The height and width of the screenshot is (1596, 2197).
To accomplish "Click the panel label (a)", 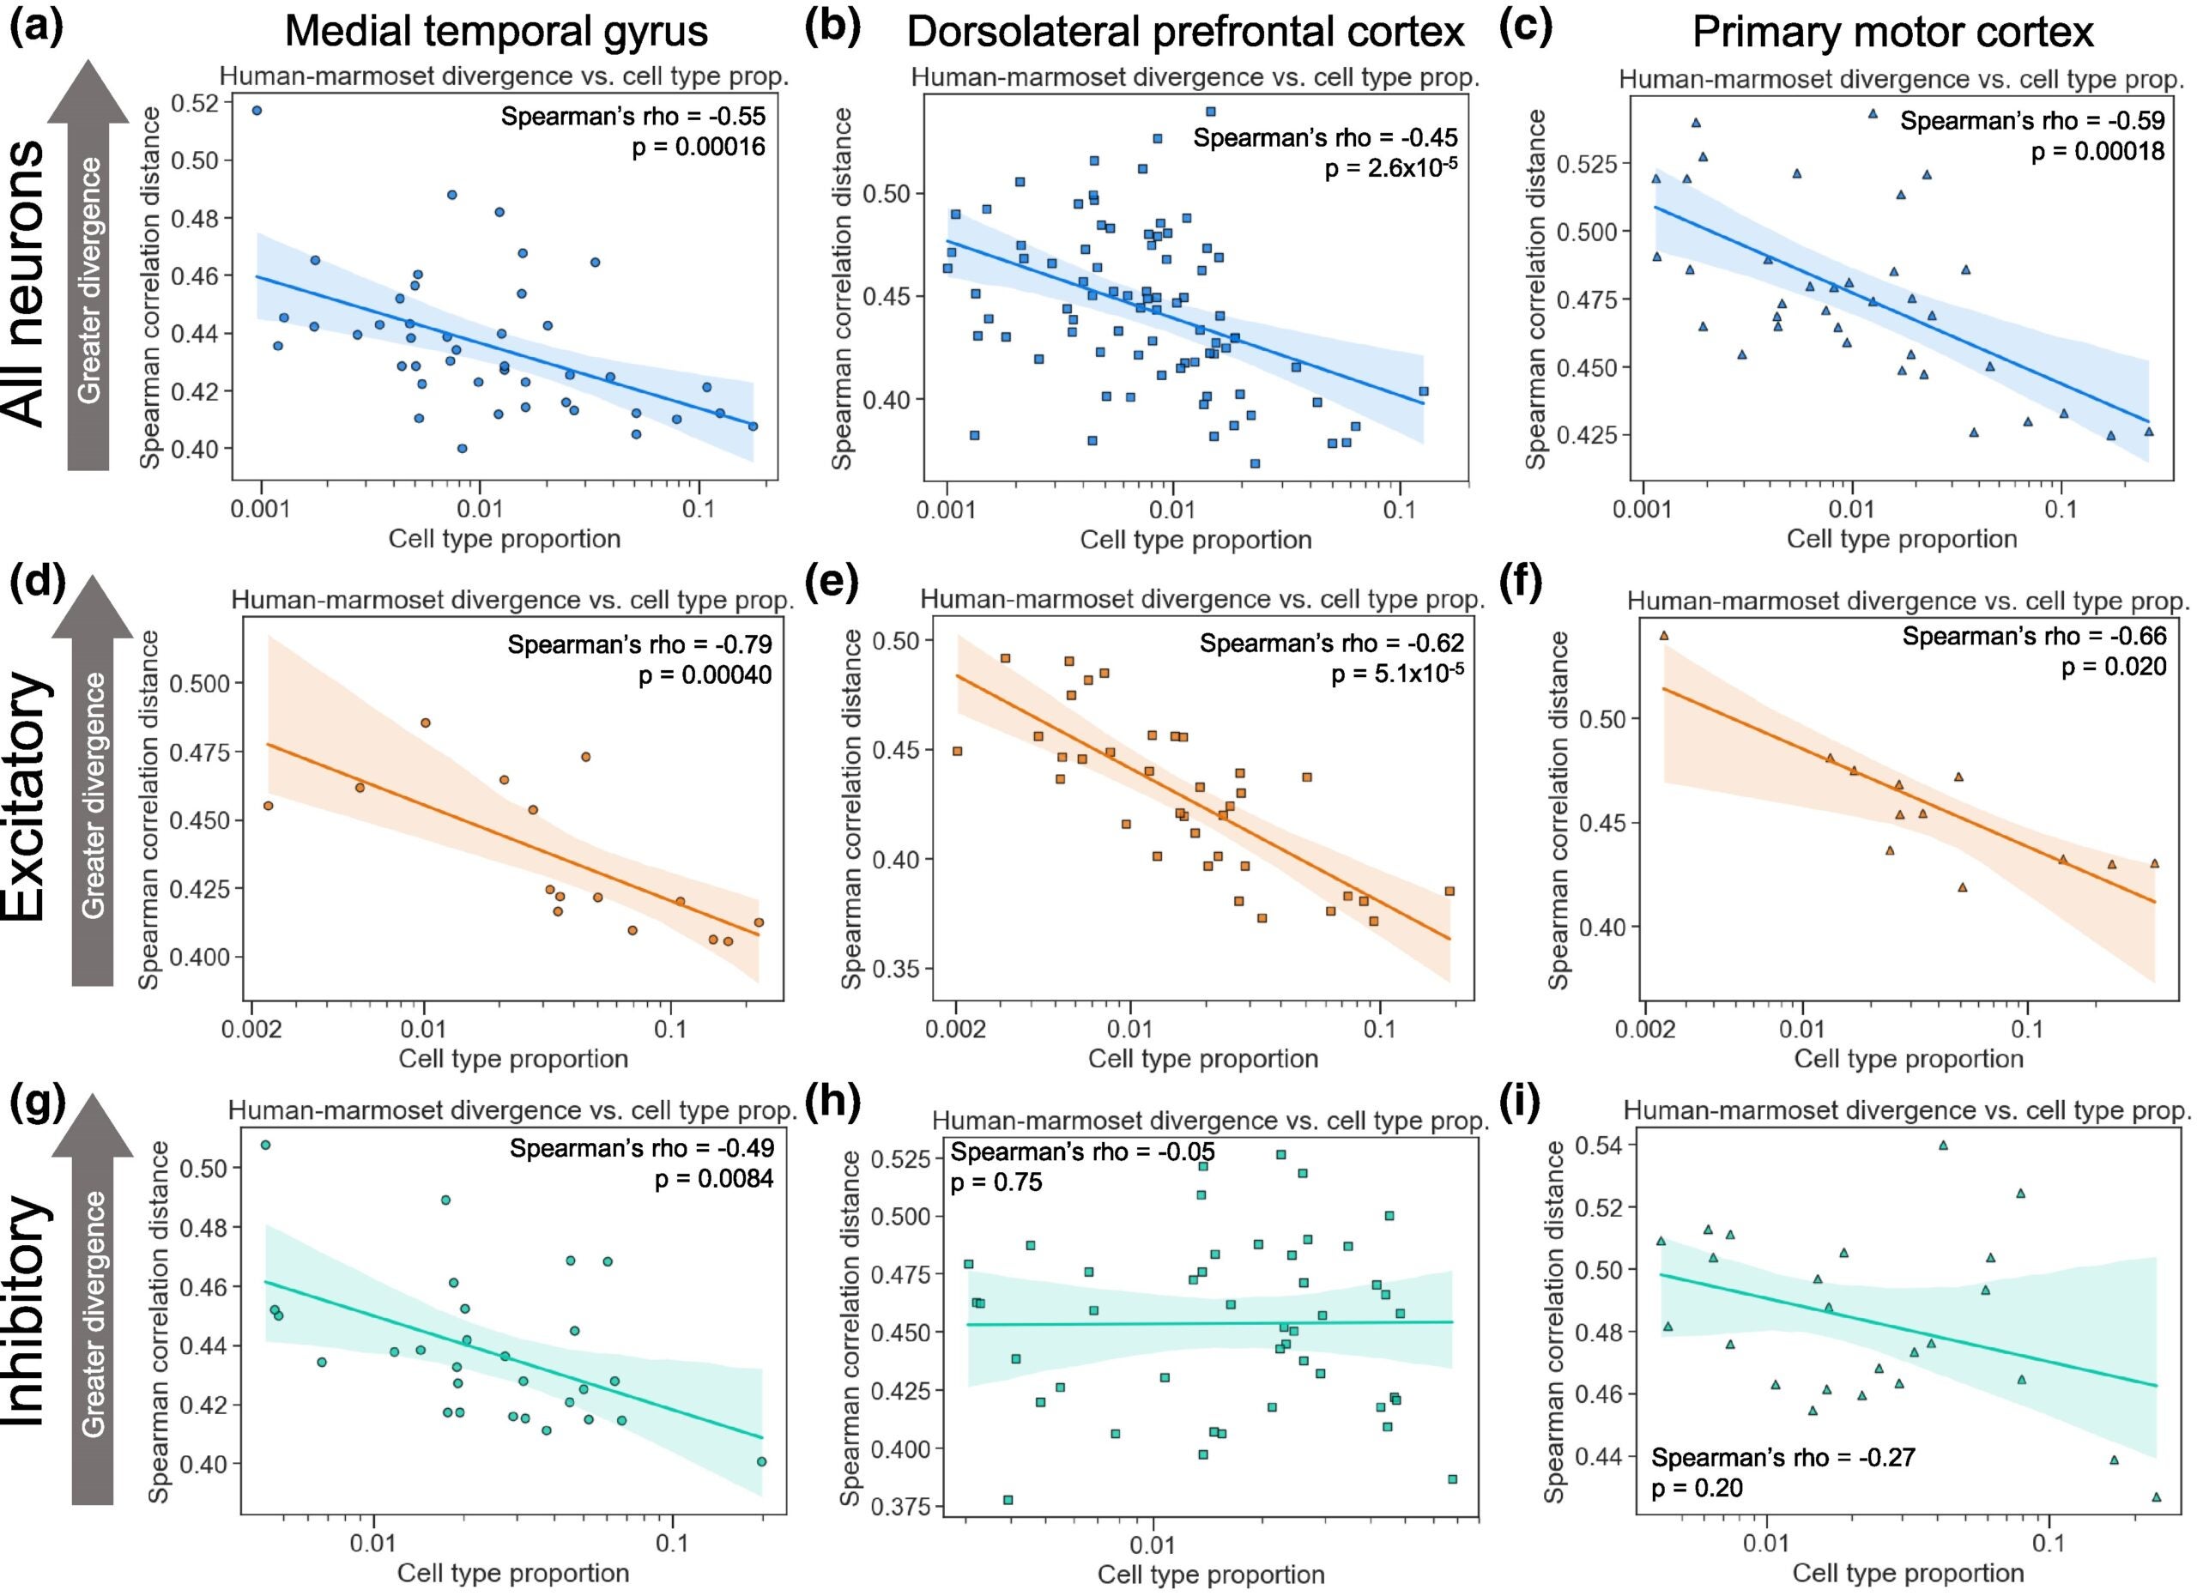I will [x=36, y=27].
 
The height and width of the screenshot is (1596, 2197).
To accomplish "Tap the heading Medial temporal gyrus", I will [x=496, y=32].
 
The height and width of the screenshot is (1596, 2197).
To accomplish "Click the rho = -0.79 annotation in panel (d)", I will [x=639, y=644].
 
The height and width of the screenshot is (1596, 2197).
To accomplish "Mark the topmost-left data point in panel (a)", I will [x=257, y=111].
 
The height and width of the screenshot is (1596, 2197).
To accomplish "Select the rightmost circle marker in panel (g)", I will [x=761, y=1461].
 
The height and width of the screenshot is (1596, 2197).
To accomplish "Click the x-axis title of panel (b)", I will [x=1195, y=540].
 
